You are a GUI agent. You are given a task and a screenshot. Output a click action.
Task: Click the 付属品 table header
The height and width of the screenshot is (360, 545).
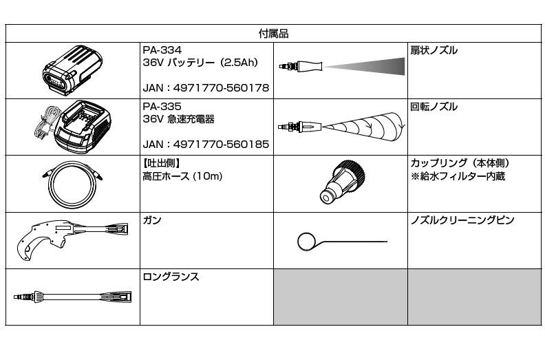coord(274,34)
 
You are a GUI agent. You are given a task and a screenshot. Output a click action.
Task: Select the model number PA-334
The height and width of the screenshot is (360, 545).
coord(162,50)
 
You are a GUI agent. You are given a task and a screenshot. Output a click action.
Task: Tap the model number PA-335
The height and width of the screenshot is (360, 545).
coord(162,107)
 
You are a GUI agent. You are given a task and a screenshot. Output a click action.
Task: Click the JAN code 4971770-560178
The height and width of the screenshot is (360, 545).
coord(221,88)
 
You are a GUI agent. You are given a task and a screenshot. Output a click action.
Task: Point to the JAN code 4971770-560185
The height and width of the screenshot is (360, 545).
coord(221,145)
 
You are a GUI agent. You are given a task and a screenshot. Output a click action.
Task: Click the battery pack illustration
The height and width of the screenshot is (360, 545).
coord(72,70)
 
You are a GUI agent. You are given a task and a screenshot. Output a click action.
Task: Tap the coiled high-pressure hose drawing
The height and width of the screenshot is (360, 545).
coord(72,184)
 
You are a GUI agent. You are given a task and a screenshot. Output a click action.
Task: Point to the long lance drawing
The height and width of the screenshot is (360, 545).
coord(72,297)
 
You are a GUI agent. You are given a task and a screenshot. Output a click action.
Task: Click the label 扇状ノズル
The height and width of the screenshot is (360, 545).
coord(434,50)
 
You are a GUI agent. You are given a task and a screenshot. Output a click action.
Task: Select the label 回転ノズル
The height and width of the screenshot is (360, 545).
coord(434,107)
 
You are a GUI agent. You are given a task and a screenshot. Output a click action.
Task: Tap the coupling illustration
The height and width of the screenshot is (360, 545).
coord(343,182)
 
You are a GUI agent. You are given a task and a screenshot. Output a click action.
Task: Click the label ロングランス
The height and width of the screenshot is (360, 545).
coord(171,277)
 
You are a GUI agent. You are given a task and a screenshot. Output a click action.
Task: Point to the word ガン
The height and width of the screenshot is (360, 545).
coord(152,220)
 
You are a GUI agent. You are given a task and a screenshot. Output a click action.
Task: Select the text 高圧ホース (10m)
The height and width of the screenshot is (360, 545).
coord(182,176)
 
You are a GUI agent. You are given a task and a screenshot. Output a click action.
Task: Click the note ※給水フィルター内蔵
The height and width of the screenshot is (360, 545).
coord(458,176)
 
